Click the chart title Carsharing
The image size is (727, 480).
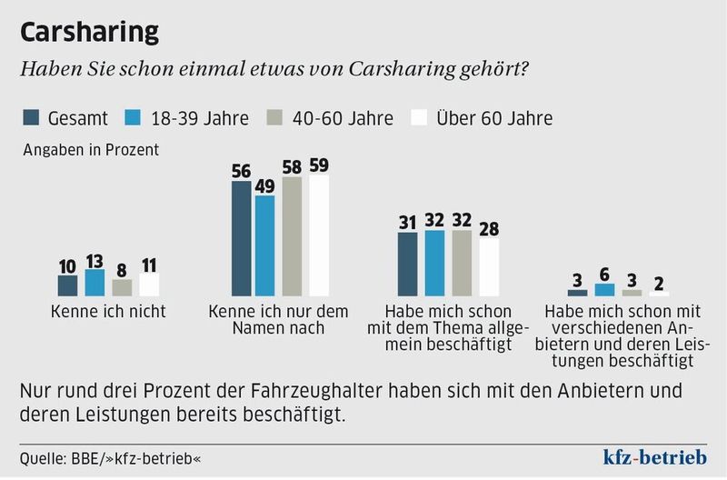click(x=89, y=32)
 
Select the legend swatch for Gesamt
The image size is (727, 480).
click(x=32, y=118)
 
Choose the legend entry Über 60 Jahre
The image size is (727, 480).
click(x=493, y=118)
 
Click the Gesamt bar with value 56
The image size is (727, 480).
click(x=240, y=238)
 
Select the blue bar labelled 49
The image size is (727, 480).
click(x=265, y=245)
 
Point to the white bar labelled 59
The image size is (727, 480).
click(x=320, y=235)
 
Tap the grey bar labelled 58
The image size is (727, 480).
click(x=293, y=236)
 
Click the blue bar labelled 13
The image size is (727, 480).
click(x=95, y=283)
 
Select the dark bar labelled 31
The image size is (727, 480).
click(x=408, y=264)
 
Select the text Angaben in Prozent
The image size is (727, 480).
click(x=91, y=151)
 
